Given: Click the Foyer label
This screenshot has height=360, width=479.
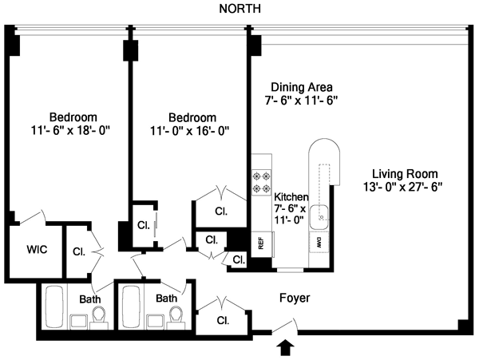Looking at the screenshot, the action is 294,298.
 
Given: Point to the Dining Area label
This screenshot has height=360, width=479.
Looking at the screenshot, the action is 301,87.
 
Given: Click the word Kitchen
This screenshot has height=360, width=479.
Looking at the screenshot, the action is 291,196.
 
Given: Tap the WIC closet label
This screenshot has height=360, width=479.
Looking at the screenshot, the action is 37,250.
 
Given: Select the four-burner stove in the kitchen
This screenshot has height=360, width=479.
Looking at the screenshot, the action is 261,181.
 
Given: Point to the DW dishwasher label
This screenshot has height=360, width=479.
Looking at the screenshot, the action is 319,240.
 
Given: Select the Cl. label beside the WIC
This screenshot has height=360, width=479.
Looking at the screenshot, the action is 79,251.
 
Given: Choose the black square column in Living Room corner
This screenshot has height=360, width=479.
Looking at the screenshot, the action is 463,325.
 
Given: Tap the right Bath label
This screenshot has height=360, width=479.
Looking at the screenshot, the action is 166,299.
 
